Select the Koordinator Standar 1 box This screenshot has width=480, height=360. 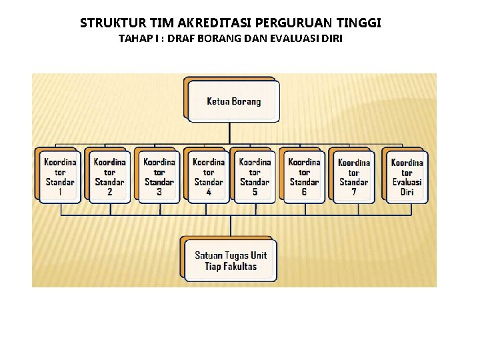tap(60, 177)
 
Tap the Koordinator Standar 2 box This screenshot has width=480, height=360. tap(109, 177)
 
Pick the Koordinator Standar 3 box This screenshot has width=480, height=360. tap(159, 177)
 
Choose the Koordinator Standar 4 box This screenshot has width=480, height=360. tap(208, 177)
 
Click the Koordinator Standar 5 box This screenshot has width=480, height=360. tap(255, 177)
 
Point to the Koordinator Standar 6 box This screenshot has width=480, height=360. tap(304, 177)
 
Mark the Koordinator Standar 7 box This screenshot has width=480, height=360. tap(353, 177)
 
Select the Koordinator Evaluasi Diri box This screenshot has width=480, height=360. tap(407, 177)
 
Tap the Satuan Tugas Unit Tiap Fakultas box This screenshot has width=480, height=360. tap(230, 261)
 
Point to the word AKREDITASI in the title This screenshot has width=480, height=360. tap(195, 23)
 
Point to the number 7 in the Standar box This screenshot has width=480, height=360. tap(353, 192)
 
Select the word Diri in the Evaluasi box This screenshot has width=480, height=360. tap(407, 192)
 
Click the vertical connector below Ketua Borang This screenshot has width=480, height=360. tap(230, 132)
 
